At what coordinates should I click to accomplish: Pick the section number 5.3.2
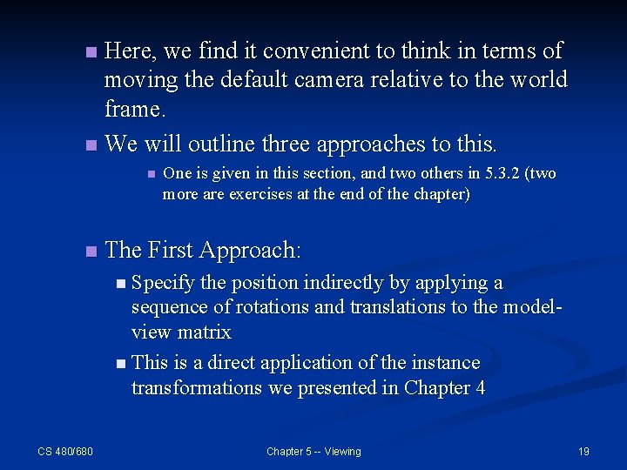pos(484,174)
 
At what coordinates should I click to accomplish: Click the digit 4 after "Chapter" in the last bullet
pos(480,388)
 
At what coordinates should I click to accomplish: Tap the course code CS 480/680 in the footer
pos(65,451)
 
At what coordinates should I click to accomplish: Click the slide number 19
pos(583,451)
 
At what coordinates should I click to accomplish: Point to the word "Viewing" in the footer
pos(342,451)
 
